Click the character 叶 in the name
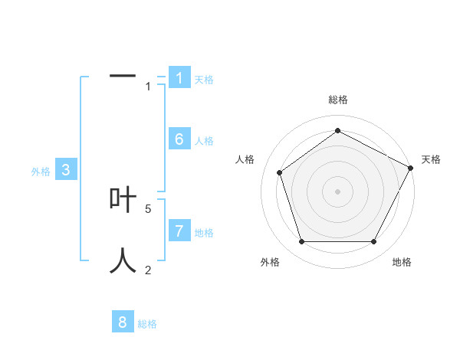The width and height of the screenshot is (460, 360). pyautogui.click(x=123, y=200)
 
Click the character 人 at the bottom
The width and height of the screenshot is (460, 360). pyautogui.click(x=123, y=260)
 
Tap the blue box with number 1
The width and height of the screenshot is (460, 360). pyautogui.click(x=179, y=77)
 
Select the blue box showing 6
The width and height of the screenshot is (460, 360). pyautogui.click(x=179, y=139)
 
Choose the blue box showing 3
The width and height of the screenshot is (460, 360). pyautogui.click(x=67, y=170)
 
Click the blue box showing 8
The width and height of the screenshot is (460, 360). pyautogui.click(x=123, y=322)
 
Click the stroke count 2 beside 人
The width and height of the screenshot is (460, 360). pyautogui.click(x=148, y=270)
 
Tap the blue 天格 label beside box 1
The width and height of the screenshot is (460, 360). pyautogui.click(x=204, y=80)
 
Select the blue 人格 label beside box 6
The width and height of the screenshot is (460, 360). pyautogui.click(x=204, y=141)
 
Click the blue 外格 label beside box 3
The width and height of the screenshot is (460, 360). pyautogui.click(x=41, y=172)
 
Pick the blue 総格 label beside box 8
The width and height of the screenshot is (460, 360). pyautogui.click(x=147, y=325)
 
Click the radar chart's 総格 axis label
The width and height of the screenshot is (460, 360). pyautogui.click(x=338, y=100)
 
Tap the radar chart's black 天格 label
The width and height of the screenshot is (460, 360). pyautogui.click(x=432, y=159)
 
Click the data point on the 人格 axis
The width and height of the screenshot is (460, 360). pyautogui.click(x=280, y=172)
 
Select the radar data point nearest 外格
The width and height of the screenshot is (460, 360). pyautogui.click(x=301, y=242)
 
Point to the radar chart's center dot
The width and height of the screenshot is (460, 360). pyautogui.click(x=338, y=191)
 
